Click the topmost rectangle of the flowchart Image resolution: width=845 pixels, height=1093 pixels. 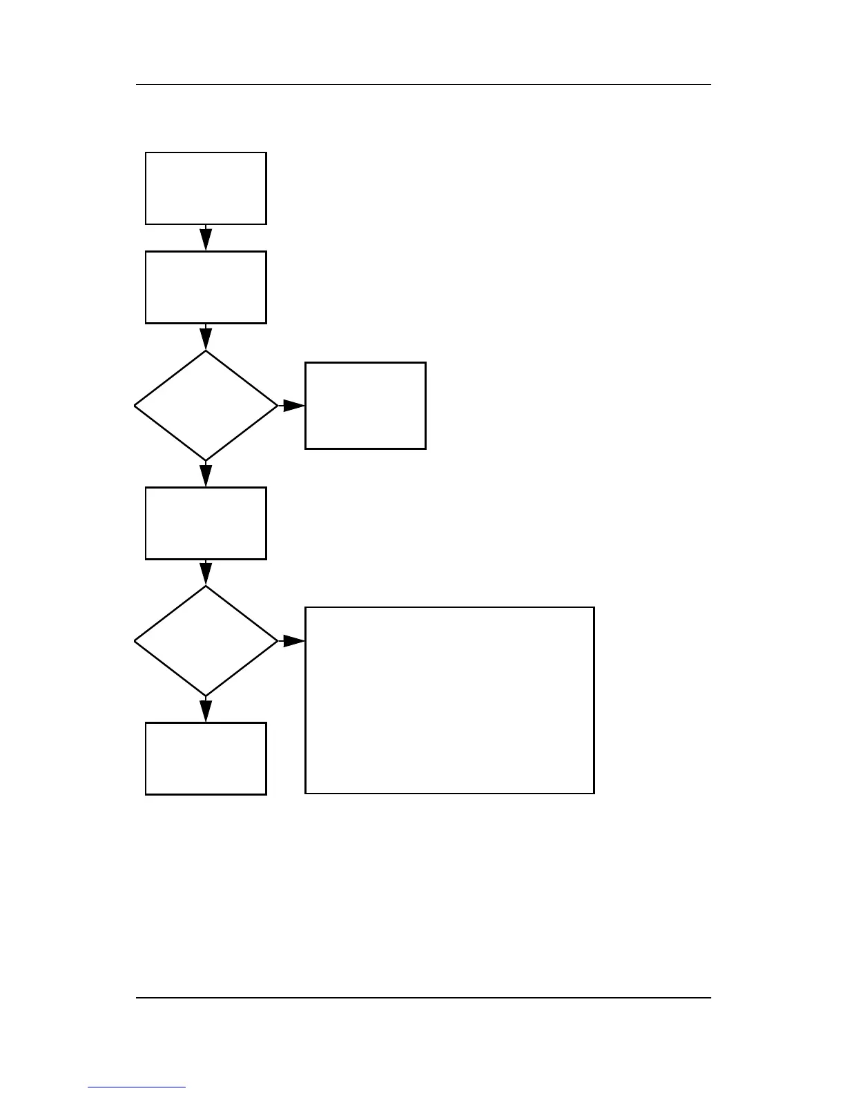[206, 188]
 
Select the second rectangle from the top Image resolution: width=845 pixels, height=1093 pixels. [206, 287]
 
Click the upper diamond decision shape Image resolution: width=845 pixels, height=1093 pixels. [206, 406]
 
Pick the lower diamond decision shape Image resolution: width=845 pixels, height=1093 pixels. [206, 641]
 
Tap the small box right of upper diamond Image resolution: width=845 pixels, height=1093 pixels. [365, 406]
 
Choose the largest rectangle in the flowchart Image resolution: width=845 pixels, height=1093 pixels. [449, 700]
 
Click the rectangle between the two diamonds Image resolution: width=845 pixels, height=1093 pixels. [206, 523]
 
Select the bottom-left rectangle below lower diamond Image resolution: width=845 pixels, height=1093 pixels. [206, 758]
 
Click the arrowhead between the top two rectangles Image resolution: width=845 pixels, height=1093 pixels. [206, 239]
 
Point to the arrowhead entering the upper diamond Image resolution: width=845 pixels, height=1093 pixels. [206, 338]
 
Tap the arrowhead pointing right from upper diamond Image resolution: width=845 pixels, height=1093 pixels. [293, 406]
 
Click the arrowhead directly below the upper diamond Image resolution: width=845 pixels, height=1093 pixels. [206, 475]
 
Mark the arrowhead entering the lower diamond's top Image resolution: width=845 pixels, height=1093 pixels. [206, 573]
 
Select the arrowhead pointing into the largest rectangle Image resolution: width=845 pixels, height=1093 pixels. [293, 641]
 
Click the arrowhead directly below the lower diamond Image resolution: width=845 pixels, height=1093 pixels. [206, 711]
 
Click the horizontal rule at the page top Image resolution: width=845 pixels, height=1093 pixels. [422, 85]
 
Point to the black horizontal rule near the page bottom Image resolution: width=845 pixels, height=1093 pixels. [422, 997]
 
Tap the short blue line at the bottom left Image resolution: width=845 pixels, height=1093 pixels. [137, 1087]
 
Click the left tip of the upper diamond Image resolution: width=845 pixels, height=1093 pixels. [135, 406]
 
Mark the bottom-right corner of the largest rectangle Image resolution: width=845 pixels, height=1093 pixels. [594, 793]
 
